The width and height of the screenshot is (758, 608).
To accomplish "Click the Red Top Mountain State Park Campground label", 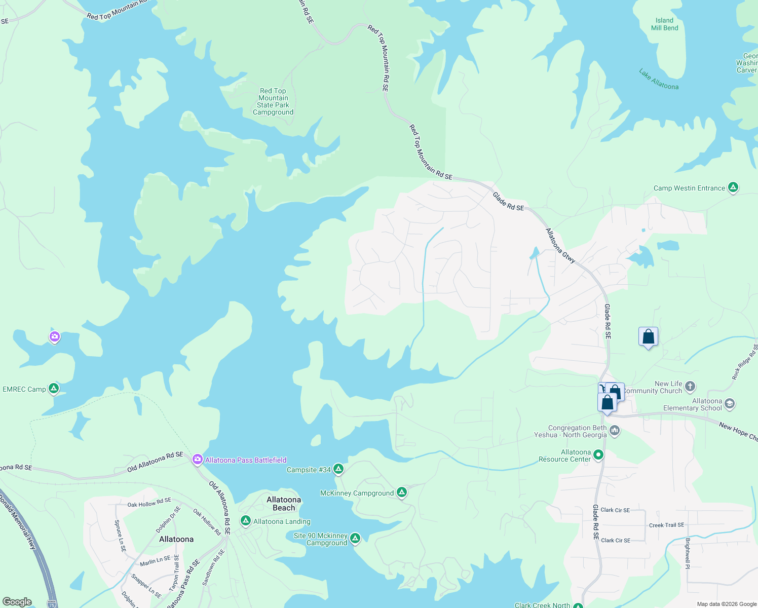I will tap(273, 102).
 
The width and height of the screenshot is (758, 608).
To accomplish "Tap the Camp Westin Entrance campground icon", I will tap(733, 187).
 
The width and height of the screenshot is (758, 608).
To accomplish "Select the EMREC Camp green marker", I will tap(54, 389).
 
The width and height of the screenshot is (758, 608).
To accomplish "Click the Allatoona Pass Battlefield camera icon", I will tap(197, 460).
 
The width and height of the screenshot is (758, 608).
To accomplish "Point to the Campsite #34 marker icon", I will tap(338, 469).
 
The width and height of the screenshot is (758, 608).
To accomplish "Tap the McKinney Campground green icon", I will tap(401, 492).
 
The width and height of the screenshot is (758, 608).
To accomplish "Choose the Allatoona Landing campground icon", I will tap(246, 521).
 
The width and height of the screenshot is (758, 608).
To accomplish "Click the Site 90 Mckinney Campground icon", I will tap(355, 538).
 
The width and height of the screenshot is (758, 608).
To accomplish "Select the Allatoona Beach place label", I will tap(284, 504).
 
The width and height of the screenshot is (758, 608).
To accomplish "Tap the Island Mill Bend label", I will tap(664, 24).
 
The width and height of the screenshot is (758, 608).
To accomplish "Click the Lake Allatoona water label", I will tap(659, 80).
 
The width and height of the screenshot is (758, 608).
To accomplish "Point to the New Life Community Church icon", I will tap(690, 387).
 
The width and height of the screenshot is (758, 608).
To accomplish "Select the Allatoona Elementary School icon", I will tap(730, 404).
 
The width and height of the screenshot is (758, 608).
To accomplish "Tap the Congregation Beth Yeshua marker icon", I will tap(615, 431).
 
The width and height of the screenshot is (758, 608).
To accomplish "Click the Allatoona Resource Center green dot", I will tap(598, 455).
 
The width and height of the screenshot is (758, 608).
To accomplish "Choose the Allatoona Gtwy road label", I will tap(560, 246).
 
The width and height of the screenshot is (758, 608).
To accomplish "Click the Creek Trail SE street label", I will tap(666, 525).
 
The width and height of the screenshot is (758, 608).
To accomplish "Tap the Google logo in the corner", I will tap(17, 601).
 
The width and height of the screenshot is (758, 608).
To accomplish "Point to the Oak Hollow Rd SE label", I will tap(149, 502).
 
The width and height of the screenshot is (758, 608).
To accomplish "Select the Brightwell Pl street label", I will tap(688, 553).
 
